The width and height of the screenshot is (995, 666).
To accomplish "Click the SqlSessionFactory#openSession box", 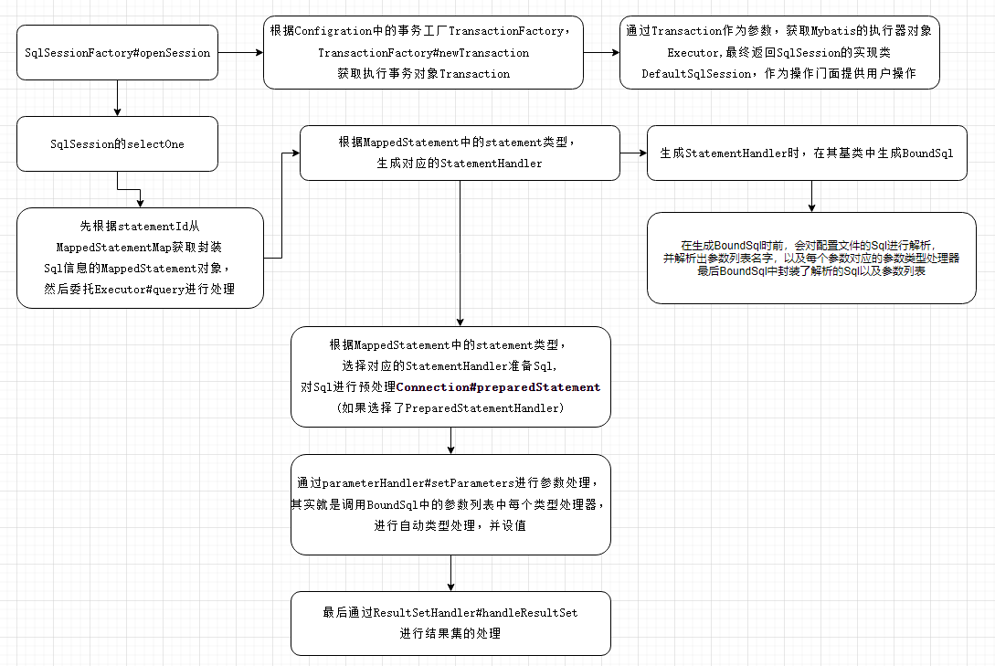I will [x=117, y=52].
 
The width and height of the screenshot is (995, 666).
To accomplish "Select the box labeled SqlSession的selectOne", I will [x=117, y=143].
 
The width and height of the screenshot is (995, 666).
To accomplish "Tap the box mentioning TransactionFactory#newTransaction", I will [x=423, y=52].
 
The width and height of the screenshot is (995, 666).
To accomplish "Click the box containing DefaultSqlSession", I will [x=778, y=52].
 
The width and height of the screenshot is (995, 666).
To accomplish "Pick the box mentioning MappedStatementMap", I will [x=140, y=258].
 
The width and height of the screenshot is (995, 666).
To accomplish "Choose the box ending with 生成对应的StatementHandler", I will [x=460, y=153].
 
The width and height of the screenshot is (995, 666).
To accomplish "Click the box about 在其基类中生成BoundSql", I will [x=806, y=153].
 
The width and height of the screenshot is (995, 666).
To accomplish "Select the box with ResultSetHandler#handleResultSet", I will [x=450, y=623].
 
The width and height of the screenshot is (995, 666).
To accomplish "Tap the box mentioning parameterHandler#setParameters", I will [x=450, y=504].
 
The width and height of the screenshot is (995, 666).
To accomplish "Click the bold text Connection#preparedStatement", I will [x=498, y=387].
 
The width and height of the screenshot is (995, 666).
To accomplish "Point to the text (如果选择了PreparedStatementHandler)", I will [x=450, y=408].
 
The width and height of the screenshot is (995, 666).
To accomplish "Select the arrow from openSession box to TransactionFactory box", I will [x=241, y=52].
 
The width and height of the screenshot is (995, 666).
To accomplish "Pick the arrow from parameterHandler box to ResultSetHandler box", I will [x=450, y=573].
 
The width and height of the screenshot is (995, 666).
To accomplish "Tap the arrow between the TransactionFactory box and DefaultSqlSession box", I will [x=601, y=52].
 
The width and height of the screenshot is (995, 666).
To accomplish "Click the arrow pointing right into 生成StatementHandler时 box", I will [x=633, y=153].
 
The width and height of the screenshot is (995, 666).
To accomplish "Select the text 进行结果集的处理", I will [x=450, y=633].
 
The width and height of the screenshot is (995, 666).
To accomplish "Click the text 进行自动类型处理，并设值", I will [x=450, y=525].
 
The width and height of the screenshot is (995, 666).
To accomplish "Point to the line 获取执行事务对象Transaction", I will [x=423, y=73].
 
